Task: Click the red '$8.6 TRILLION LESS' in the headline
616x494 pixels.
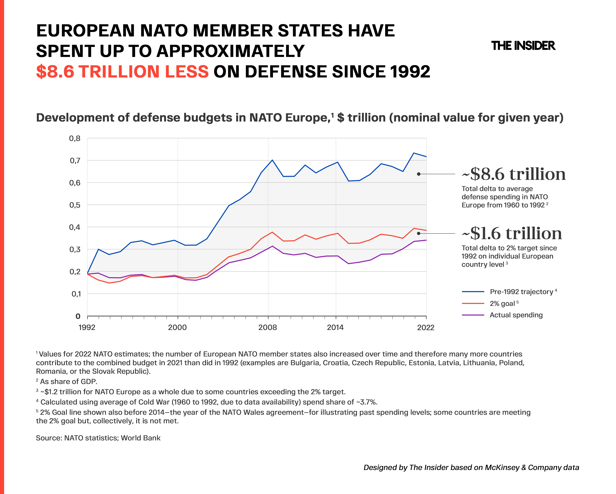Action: click(x=122, y=72)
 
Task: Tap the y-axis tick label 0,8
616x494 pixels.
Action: click(x=75, y=138)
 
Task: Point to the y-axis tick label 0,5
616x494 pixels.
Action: click(x=75, y=205)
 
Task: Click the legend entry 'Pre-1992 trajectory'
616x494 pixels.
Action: click(x=521, y=292)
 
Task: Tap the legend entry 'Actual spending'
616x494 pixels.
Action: click(x=516, y=315)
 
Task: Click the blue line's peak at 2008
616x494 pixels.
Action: click(x=272, y=160)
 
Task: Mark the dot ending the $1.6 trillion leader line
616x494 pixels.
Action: click(x=419, y=233)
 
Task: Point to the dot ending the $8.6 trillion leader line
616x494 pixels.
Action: click(x=419, y=174)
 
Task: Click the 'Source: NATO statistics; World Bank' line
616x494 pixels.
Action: click(x=98, y=438)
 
